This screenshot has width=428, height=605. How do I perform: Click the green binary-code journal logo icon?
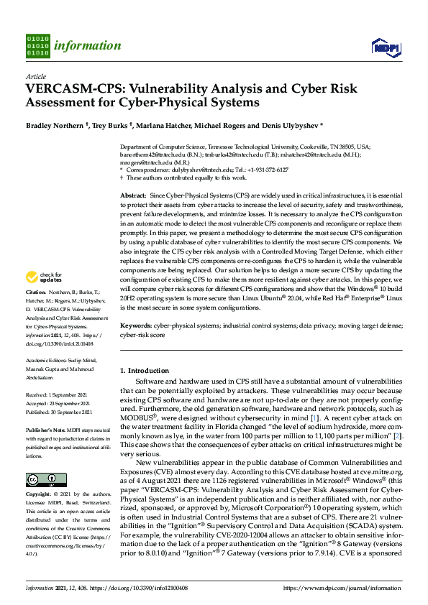pyautogui.click(x=37, y=44)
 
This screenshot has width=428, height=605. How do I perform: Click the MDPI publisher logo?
pyautogui.click(x=384, y=47)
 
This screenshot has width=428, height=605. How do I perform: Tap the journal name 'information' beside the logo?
pyautogui.click(x=87, y=45)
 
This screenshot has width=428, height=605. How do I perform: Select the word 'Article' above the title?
pyautogui.click(x=35, y=75)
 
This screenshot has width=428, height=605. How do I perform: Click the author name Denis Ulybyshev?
pyautogui.click(x=290, y=124)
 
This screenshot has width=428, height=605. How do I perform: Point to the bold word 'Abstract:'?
pyautogui.click(x=132, y=195)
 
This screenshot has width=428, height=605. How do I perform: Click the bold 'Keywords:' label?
pyautogui.click(x=135, y=325)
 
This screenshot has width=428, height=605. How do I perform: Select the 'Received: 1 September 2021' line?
pyautogui.click(x=60, y=395)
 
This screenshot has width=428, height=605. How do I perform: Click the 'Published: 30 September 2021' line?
pyautogui.click(x=61, y=412)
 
